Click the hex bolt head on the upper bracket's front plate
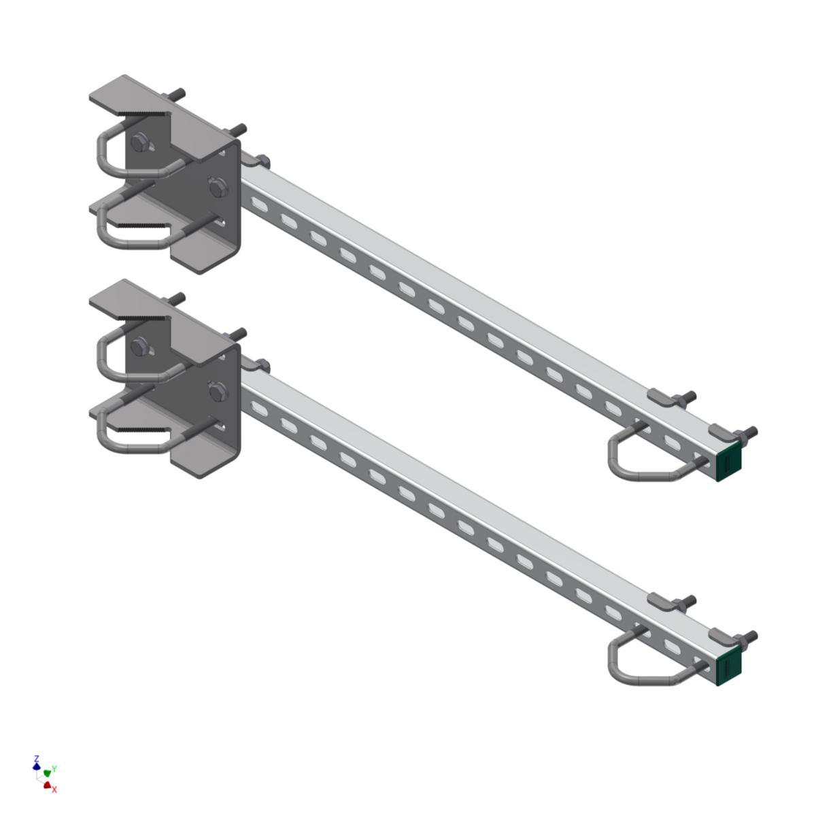coord(218,187)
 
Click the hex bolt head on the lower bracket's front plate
coord(218,391)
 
